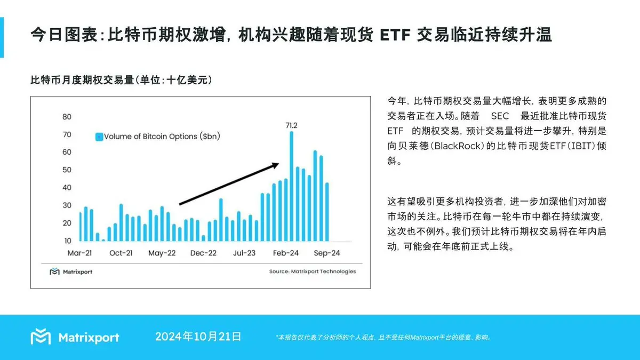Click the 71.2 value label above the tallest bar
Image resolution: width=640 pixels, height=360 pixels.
click(291, 125)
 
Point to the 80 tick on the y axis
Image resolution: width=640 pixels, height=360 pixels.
click(67, 117)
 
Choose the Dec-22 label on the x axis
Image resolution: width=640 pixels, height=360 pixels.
click(203, 253)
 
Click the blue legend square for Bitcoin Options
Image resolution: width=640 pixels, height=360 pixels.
click(99, 137)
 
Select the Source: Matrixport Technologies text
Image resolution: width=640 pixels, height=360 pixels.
click(312, 271)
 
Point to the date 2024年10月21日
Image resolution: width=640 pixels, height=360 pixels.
click(198, 337)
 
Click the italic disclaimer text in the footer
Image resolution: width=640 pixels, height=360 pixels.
click(384, 337)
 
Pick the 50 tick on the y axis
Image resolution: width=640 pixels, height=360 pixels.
click(67, 170)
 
